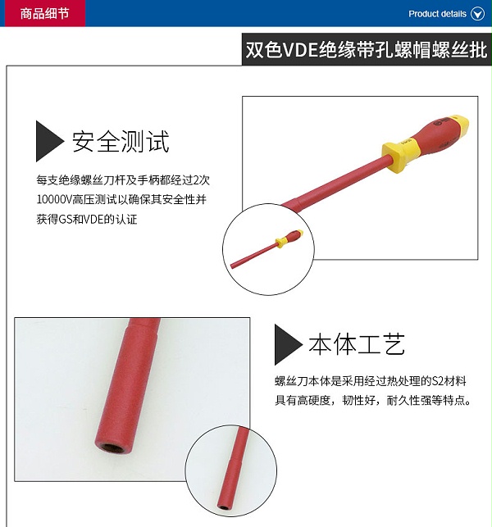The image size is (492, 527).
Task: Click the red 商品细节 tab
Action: click(45, 13)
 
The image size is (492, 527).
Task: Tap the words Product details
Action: click(437, 14)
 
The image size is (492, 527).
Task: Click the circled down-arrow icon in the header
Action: click(477, 14)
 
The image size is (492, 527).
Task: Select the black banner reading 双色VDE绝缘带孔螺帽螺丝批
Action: click(367, 49)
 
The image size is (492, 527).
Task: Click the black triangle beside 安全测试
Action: click(48, 141)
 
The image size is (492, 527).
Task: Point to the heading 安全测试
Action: click(121, 142)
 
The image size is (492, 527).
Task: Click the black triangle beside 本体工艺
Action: click(287, 344)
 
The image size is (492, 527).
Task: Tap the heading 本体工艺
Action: click(357, 344)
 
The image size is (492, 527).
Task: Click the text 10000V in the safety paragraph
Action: click(54, 200)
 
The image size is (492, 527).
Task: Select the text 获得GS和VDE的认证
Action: click(87, 220)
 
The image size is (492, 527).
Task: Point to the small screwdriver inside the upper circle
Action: click(266, 248)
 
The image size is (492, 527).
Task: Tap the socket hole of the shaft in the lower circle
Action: click(222, 507)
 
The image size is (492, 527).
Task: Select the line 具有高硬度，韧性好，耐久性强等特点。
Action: click(373, 401)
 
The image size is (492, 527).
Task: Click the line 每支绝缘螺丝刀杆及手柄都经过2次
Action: click(123, 180)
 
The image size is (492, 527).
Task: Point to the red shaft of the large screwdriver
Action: click(336, 183)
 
